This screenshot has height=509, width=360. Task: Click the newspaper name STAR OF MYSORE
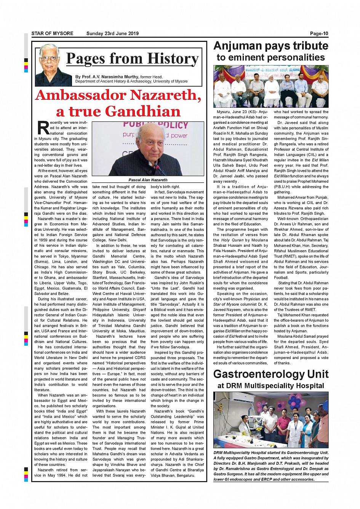[52, 34]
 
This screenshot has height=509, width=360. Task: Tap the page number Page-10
[319, 34]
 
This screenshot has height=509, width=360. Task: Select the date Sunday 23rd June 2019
[112, 34]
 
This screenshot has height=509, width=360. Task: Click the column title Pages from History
[132, 59]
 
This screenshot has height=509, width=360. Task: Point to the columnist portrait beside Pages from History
[53, 65]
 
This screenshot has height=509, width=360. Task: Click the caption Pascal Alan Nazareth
[148, 180]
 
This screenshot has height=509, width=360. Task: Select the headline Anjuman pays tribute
[270, 46]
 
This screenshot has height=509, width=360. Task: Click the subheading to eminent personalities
[270, 57]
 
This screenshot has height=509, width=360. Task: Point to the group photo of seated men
[270, 86]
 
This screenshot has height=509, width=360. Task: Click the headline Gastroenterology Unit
[270, 374]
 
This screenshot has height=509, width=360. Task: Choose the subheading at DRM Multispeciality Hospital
[270, 386]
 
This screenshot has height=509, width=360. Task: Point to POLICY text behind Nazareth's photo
[171, 125]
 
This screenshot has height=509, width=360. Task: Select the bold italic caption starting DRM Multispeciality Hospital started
[270, 466]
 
